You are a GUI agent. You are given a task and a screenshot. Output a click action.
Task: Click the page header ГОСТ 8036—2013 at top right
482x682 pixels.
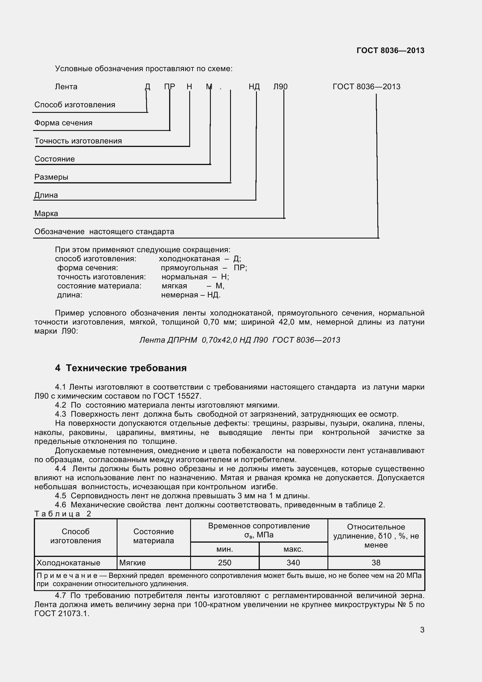click(390, 50)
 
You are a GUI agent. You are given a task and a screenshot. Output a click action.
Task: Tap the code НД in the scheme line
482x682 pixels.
click(254, 87)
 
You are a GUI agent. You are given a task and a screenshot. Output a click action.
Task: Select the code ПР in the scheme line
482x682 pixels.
click(170, 87)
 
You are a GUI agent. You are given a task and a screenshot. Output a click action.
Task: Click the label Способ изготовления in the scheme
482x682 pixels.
click(75, 105)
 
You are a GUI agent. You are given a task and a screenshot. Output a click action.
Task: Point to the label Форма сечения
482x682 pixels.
click(63, 123)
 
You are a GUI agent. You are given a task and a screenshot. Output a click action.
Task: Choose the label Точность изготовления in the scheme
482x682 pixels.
click(78, 141)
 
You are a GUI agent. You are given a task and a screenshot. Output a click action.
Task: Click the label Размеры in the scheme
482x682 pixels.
click(51, 177)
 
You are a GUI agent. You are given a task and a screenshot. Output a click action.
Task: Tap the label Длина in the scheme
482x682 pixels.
click(46, 195)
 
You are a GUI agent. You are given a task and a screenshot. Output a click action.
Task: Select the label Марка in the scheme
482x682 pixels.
click(46, 213)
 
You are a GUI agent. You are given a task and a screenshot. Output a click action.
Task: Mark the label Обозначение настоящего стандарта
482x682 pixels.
click(104, 232)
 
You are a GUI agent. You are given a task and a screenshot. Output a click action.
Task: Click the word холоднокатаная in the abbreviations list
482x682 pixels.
click(189, 259)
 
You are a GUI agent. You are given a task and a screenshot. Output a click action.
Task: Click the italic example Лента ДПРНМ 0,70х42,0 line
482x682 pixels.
click(240, 340)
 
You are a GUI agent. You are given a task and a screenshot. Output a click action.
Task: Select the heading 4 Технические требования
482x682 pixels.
click(121, 368)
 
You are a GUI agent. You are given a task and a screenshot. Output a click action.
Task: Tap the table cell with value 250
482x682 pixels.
click(225, 562)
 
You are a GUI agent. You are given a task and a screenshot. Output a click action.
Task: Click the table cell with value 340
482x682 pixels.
click(293, 562)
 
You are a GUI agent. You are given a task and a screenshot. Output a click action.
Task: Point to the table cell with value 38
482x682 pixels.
click(376, 562)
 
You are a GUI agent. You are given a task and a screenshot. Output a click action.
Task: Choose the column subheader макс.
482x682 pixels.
click(293, 549)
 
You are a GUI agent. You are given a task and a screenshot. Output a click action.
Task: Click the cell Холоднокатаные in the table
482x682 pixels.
click(68, 562)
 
